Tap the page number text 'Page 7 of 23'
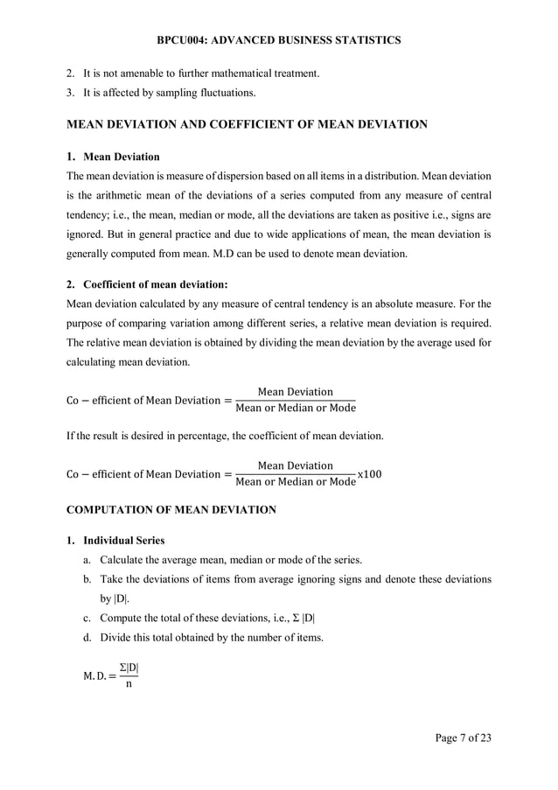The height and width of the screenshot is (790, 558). pos(463,738)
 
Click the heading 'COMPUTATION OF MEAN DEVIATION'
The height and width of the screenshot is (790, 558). pos(171,509)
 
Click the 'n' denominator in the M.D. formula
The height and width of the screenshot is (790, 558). pos(129,684)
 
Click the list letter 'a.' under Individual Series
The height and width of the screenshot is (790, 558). pos(88,560)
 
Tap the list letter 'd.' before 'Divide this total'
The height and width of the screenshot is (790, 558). pos(88,637)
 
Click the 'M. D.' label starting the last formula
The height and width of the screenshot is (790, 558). pos(84,676)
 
